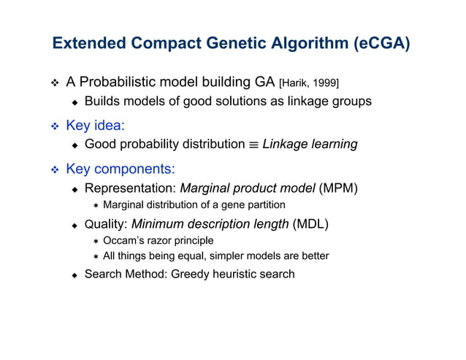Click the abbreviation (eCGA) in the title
coord(381,43)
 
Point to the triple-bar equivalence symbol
coord(250,145)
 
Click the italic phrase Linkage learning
coord(310,144)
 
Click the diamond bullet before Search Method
coord(75,275)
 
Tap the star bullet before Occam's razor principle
coord(95,240)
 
